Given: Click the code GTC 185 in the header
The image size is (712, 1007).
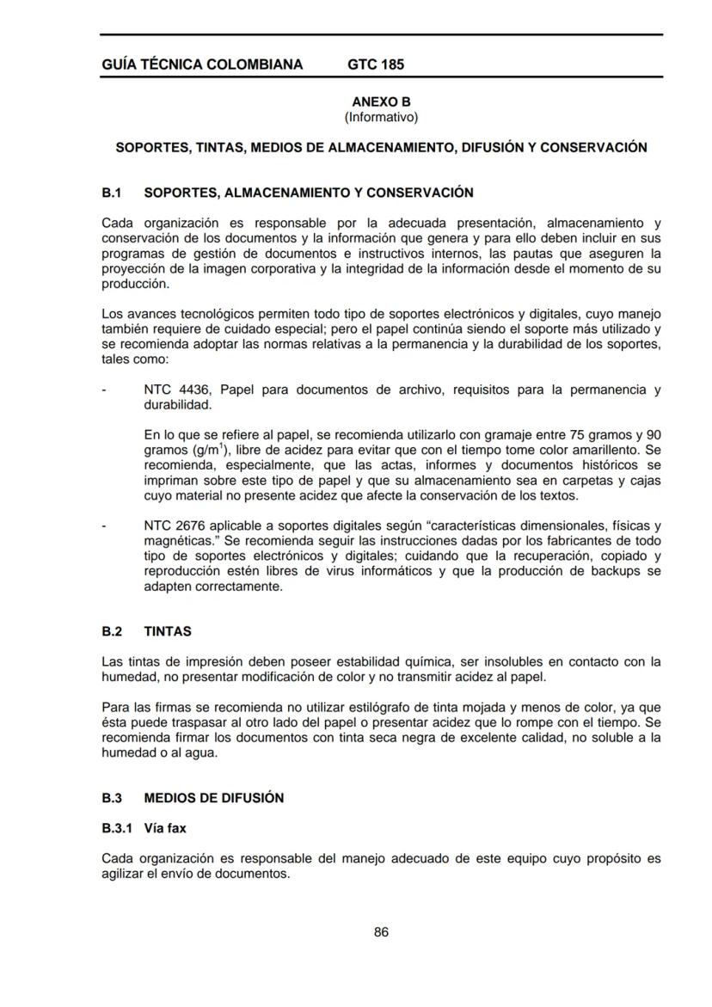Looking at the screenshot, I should pyautogui.click(x=376, y=64).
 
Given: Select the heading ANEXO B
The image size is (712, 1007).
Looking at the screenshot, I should pyautogui.click(x=381, y=102).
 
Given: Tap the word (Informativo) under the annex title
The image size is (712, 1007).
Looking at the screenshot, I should pyautogui.click(x=381, y=116).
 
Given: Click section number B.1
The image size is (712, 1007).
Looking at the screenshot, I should pyautogui.click(x=112, y=191).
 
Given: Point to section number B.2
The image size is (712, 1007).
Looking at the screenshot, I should pyautogui.click(x=112, y=631).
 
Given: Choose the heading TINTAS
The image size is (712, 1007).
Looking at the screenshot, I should pyautogui.click(x=168, y=631).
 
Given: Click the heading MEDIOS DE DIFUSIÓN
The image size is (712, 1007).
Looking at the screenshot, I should pyautogui.click(x=214, y=798).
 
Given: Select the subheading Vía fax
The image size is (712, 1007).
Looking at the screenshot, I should pyautogui.click(x=165, y=828).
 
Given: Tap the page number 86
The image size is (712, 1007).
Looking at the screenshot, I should pyautogui.click(x=381, y=932).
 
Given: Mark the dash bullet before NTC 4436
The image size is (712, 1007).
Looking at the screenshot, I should pyautogui.click(x=103, y=390).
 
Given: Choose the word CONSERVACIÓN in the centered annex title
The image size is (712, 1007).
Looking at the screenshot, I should pyautogui.click(x=592, y=147).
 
